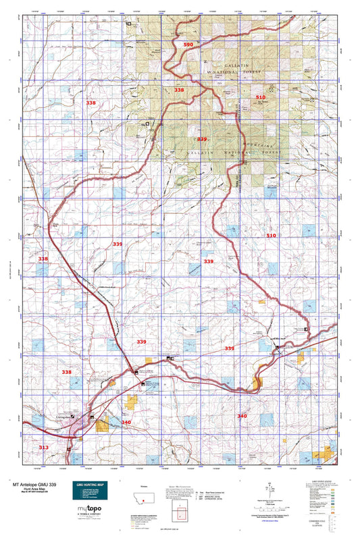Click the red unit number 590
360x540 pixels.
point(188,44)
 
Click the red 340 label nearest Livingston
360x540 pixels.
point(126,422)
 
